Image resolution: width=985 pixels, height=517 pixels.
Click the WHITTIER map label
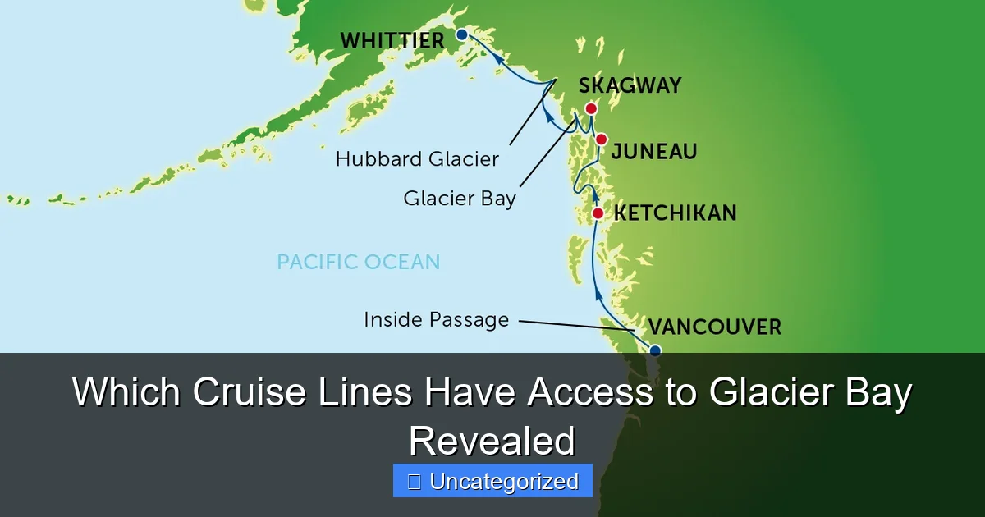(392, 40)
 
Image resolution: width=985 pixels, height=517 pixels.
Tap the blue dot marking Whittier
(461, 34)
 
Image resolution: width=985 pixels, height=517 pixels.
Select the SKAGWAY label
(630, 86)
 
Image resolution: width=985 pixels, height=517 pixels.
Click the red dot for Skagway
(590, 108)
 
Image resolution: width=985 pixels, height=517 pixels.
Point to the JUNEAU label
(654, 152)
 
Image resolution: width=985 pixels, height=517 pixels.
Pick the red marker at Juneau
(602, 139)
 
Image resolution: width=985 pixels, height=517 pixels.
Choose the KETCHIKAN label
(675, 213)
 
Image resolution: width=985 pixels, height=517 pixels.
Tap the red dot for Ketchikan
(598, 214)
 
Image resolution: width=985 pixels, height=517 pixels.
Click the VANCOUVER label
(714, 327)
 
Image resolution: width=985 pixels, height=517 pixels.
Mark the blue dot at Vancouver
(654, 350)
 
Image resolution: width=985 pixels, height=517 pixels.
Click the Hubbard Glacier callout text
(417, 159)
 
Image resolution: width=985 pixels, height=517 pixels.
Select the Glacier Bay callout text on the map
(460, 199)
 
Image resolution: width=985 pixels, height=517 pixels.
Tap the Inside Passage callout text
(436, 319)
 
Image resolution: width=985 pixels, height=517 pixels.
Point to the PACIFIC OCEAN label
(358, 262)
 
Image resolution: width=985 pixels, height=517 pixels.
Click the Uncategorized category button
(492, 482)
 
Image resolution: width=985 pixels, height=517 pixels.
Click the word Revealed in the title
(492, 442)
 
